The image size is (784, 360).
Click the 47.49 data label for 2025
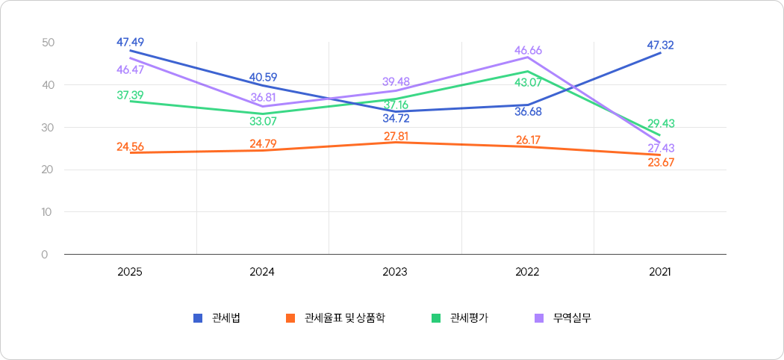tap(130, 42)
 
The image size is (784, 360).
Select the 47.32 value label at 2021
tap(660, 45)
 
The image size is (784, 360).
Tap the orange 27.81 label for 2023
tap(395, 136)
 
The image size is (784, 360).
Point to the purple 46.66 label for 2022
tap(528, 50)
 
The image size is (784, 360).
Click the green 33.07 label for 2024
tap(262, 120)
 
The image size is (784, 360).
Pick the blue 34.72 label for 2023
tap(395, 118)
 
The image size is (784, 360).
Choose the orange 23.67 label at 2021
tap(661, 162)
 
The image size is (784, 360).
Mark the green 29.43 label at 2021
tap(661, 123)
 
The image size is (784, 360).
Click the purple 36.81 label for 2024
tap(263, 97)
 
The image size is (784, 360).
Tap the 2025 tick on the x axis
tap(130, 273)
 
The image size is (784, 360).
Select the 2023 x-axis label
tap(395, 273)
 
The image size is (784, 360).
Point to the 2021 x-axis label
tap(660, 273)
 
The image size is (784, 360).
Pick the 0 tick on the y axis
tap(45, 255)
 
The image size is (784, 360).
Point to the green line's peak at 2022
tap(528, 72)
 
